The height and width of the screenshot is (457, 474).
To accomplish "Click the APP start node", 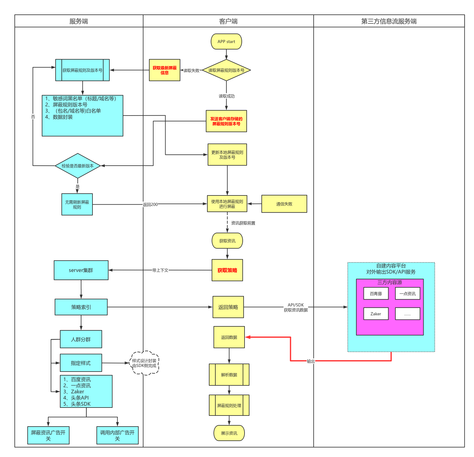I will (x=226, y=41).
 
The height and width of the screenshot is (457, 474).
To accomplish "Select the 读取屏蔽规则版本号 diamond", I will (x=226, y=70).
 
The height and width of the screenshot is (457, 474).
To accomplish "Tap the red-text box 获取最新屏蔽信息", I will (x=164, y=70).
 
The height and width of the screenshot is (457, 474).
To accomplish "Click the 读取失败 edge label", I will (x=191, y=70).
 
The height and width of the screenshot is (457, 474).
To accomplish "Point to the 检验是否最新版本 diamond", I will (x=78, y=166).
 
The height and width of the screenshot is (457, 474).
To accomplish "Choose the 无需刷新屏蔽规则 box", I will (x=77, y=204).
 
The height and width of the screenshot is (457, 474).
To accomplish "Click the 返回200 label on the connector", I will (x=150, y=204).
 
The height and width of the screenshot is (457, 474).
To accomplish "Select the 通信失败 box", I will (x=284, y=204).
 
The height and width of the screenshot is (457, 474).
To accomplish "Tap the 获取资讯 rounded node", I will (x=227, y=241).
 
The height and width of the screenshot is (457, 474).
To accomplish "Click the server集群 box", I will (x=81, y=270).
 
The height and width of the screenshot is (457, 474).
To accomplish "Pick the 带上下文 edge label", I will (x=160, y=270).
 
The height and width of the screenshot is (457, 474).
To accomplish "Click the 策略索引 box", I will (x=81, y=307).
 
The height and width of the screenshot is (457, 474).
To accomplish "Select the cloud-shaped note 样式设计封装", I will (x=144, y=363).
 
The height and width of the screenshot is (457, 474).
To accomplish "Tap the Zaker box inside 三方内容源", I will (x=376, y=314).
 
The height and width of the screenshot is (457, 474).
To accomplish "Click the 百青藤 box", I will (x=376, y=294).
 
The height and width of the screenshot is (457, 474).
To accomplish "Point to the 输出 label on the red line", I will (x=311, y=361).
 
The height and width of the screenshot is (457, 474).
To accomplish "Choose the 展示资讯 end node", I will (x=229, y=433).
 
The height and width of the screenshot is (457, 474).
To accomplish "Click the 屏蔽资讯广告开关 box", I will (x=48, y=435).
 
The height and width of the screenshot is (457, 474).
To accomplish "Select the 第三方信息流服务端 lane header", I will (x=389, y=21).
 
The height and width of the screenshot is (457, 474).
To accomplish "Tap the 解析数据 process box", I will (x=229, y=375).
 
